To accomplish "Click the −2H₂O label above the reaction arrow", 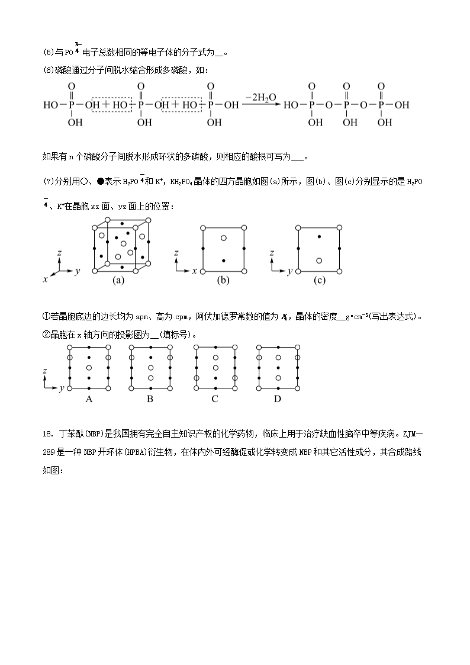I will click(261, 97).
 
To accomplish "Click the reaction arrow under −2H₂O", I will click(261, 105).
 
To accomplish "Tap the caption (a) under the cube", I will click(118, 281).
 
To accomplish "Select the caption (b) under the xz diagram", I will click(223, 281).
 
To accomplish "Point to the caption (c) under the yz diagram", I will click(320, 281).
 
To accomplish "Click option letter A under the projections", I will click(89, 399).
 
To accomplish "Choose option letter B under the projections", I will click(150, 399).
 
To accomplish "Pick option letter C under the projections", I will click(215, 399).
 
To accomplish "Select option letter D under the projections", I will click(277, 399).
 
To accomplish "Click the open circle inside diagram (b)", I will click(223, 238).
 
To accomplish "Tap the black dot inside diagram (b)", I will click(223, 261).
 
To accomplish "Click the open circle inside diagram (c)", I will click(320, 261).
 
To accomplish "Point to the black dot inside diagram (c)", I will click(320, 237).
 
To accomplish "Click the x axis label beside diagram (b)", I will click(194, 271).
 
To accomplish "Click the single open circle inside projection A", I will click(89, 368).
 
